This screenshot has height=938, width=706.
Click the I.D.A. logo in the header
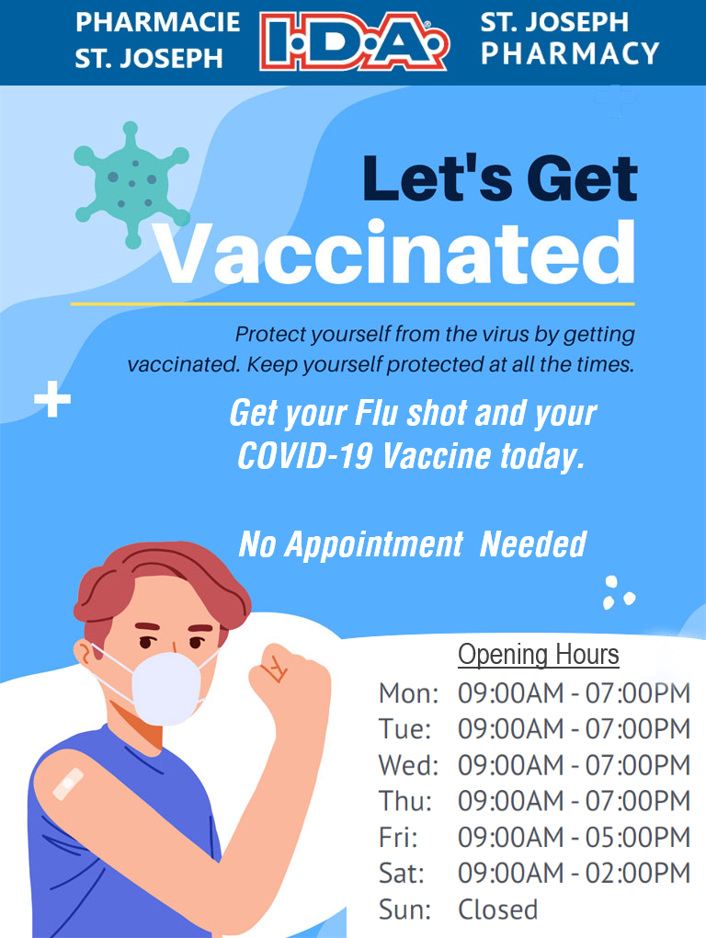click(354, 42)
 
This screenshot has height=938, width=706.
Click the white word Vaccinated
click(394, 253)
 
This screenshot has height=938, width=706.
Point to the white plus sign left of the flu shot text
click(52, 398)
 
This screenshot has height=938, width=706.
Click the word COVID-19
click(305, 456)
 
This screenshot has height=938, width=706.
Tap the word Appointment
click(373, 544)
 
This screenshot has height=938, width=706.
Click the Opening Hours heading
click(538, 654)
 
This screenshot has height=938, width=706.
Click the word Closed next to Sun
click(497, 909)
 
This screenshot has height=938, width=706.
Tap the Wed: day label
click(408, 765)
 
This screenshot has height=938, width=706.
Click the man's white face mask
click(166, 688)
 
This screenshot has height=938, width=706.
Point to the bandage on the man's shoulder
click(67, 784)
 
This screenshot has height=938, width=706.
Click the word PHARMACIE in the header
click(158, 23)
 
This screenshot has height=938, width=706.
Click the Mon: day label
click(408, 693)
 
